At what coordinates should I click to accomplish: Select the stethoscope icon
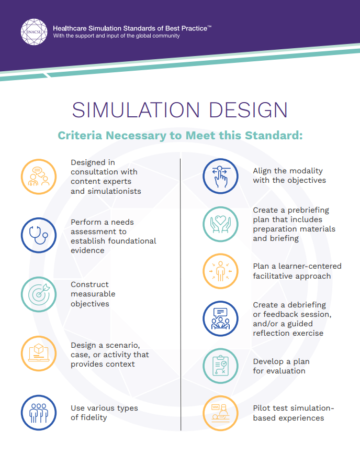pos(39,235)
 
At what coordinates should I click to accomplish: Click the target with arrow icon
pos(39,294)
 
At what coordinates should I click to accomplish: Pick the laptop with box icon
pos(39,354)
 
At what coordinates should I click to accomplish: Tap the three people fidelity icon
pos(39,413)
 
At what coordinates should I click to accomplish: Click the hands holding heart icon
pos(220,224)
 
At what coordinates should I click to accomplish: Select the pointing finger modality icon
pos(220,176)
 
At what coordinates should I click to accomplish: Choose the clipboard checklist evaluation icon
pos(220,366)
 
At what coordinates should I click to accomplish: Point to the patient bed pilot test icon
pos(220,413)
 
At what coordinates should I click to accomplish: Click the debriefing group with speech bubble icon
pos(220,318)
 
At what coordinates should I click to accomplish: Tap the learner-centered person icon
pos(220,271)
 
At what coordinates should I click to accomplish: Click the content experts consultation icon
pos(39,177)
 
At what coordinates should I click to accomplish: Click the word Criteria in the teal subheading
pos(80,136)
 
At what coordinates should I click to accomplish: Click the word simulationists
pos(115,191)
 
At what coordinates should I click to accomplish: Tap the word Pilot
pos(263,408)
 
